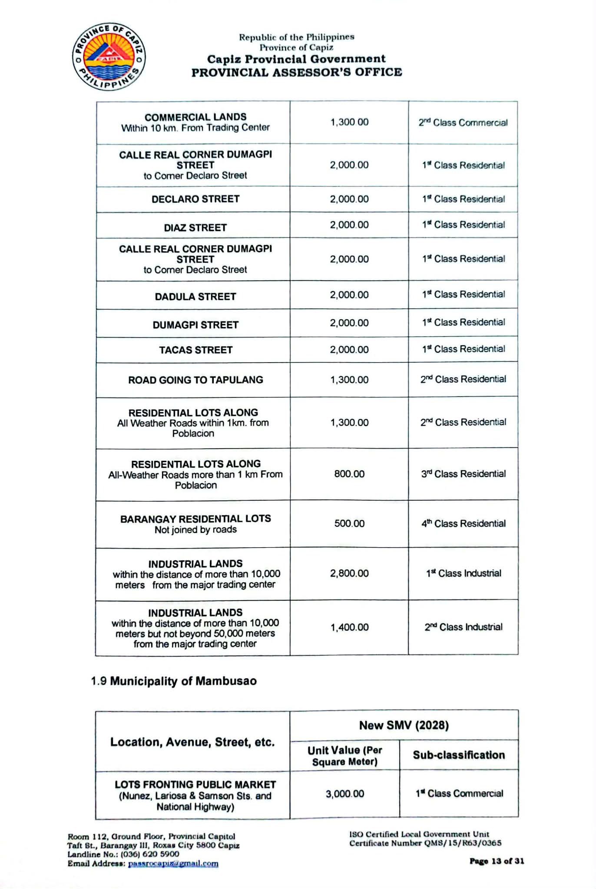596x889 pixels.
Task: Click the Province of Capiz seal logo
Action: click(x=109, y=57)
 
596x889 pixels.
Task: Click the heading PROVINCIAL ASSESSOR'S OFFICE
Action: click(x=297, y=72)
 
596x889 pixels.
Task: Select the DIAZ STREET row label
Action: click(x=195, y=228)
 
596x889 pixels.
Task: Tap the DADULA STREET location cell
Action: click(x=195, y=297)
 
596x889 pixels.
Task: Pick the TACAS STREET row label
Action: click(x=195, y=350)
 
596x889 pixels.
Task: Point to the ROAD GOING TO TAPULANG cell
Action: click(x=195, y=380)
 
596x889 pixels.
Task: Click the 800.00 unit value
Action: click(x=349, y=474)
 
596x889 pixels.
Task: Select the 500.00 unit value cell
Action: click(x=349, y=523)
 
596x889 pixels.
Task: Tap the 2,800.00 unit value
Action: click(x=349, y=573)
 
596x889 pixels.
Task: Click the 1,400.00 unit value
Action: click(x=349, y=627)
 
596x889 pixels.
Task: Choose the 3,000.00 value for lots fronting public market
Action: click(x=345, y=794)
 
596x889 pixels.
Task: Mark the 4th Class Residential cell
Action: click(x=463, y=523)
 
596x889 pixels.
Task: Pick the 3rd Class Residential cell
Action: click(x=463, y=474)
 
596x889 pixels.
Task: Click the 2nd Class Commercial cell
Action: click(x=463, y=122)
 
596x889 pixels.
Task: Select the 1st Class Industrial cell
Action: click(x=463, y=573)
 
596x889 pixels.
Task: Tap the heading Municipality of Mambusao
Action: click(x=183, y=681)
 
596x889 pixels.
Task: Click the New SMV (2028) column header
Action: click(x=404, y=725)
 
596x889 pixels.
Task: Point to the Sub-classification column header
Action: click(x=459, y=755)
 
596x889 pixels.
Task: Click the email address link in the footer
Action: click(x=173, y=863)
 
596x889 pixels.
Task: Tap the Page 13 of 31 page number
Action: click(x=497, y=861)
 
